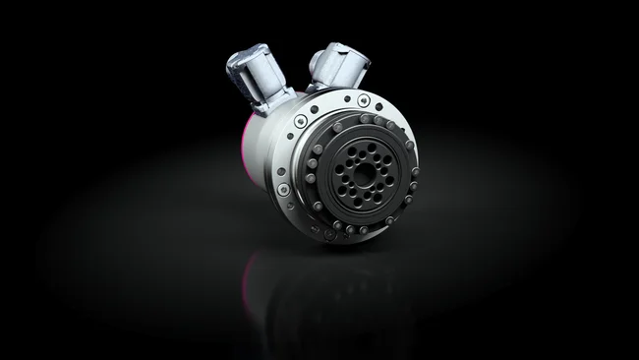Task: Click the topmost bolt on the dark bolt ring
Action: tap(366, 119)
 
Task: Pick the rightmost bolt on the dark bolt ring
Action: tap(414, 171)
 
